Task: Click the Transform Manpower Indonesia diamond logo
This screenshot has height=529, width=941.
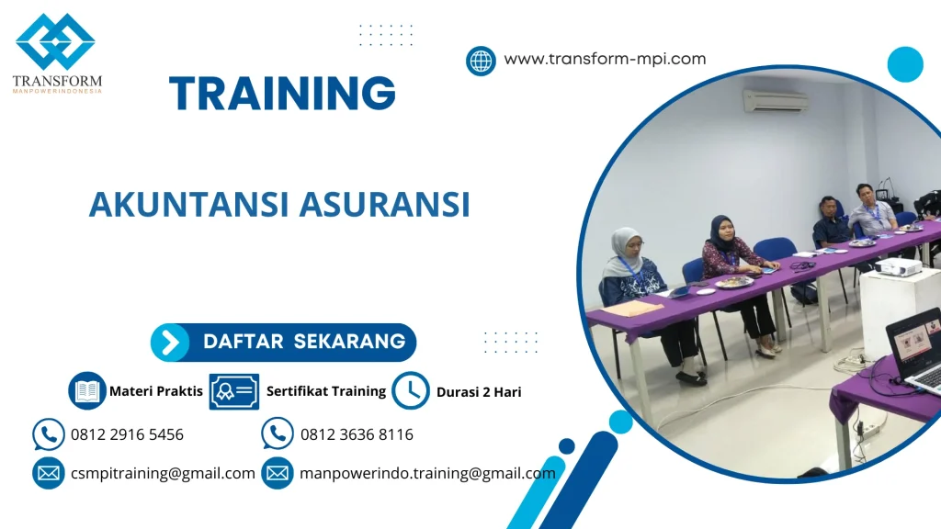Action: [x=55, y=41]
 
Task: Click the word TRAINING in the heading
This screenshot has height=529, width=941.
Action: [x=282, y=94]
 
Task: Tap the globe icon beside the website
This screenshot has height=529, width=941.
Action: [x=481, y=61]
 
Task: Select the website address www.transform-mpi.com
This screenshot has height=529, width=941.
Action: [x=605, y=59]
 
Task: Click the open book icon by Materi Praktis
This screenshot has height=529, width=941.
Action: [x=87, y=391]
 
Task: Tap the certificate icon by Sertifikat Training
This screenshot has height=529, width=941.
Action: [x=233, y=391]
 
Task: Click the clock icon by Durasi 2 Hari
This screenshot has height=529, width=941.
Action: [x=411, y=391]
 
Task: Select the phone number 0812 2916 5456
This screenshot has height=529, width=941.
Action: [x=127, y=434]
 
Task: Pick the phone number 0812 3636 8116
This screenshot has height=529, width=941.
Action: [x=357, y=434]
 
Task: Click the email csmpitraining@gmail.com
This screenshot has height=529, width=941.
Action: [x=163, y=474]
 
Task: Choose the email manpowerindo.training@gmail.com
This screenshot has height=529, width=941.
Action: [x=427, y=474]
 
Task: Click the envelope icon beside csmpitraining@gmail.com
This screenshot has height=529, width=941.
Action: [x=48, y=474]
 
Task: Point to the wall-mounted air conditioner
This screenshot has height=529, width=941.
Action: [x=775, y=100]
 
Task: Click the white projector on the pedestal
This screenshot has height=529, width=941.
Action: [x=897, y=267]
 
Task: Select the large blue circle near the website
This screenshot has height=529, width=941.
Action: [x=904, y=64]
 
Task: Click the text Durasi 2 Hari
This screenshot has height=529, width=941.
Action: [x=479, y=392]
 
